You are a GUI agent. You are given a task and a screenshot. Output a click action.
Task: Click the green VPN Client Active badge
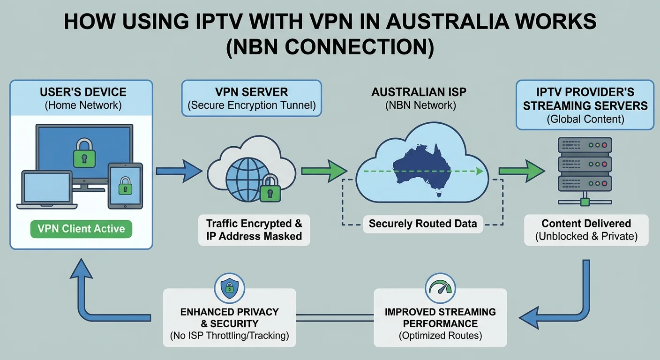click(81, 229)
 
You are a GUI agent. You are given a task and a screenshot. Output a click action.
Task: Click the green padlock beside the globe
click(270, 189)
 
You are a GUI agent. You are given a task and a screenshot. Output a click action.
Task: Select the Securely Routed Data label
click(422, 224)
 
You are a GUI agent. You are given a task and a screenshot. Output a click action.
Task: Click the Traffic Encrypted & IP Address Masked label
click(254, 230)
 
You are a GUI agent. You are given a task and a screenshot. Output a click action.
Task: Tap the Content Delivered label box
click(586, 230)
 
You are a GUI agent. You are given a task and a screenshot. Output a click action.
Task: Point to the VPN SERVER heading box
click(251, 98)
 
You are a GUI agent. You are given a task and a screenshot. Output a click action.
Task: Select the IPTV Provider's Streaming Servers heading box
click(585, 105)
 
